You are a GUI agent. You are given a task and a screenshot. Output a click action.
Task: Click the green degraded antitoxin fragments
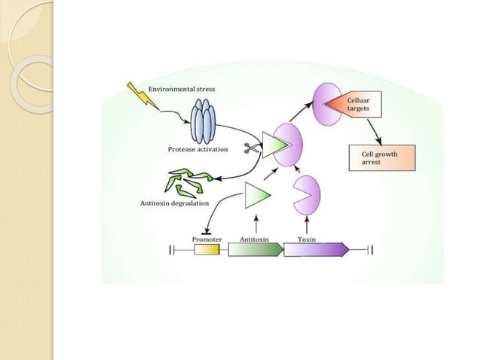coord(188,183)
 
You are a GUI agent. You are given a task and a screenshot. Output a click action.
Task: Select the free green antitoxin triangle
coord(256,197)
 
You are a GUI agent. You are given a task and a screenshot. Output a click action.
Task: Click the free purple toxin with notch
coord(305,194)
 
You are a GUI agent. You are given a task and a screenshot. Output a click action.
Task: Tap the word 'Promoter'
coord(207,239)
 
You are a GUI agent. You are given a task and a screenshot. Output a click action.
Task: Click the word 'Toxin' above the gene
coord(307,239)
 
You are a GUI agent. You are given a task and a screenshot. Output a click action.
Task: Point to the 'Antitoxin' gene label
coord(256,239)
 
